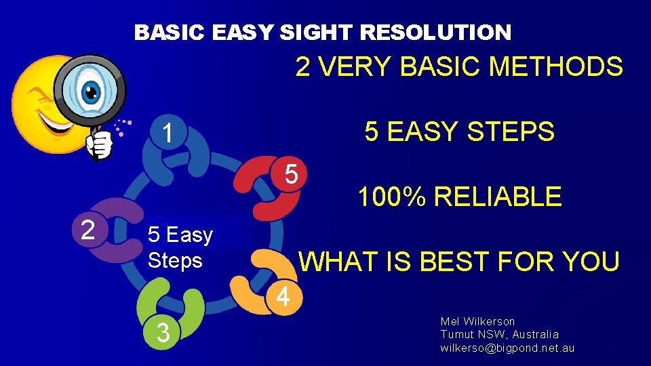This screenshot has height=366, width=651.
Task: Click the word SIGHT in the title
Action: coord(317,32)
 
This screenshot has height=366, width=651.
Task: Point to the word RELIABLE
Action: coord(498,197)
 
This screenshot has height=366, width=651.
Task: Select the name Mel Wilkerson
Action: coord(477,321)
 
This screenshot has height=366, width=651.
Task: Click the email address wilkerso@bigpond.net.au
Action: coord(507,348)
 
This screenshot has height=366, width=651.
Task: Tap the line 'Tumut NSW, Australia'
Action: coord(499,335)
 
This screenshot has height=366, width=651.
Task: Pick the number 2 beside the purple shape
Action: coord(87,230)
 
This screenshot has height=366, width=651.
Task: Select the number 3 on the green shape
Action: coord(163,333)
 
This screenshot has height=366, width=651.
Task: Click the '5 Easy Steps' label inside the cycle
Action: coord(180,247)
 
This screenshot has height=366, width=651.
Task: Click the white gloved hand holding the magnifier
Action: coord(100,144)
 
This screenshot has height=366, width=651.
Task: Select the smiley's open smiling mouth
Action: coord(51,123)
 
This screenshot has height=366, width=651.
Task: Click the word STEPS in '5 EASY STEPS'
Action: coord(514,132)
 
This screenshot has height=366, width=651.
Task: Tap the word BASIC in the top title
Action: coord(170,32)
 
